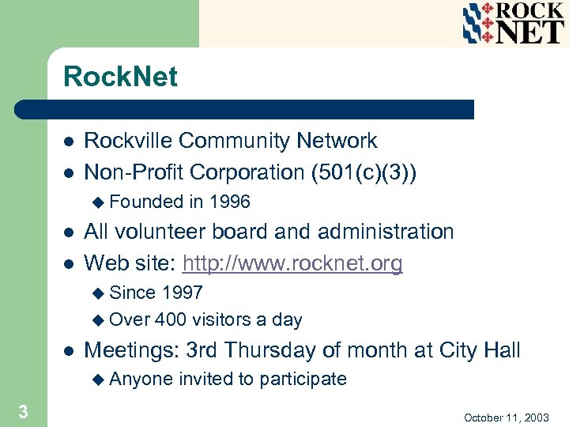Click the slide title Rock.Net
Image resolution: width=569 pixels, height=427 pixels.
(x=120, y=77)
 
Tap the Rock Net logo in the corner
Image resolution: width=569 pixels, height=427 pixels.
(x=513, y=23)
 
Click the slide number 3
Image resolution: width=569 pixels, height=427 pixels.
(x=24, y=411)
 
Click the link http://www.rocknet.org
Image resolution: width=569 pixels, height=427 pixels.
(x=292, y=263)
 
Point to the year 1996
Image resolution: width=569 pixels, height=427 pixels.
(x=229, y=202)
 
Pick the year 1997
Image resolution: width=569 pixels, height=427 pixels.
(x=182, y=293)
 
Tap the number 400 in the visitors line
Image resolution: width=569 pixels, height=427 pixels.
(x=171, y=319)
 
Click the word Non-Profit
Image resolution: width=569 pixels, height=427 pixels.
(x=134, y=172)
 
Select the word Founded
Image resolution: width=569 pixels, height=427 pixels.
(x=146, y=202)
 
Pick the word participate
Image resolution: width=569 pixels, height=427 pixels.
(x=303, y=379)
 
